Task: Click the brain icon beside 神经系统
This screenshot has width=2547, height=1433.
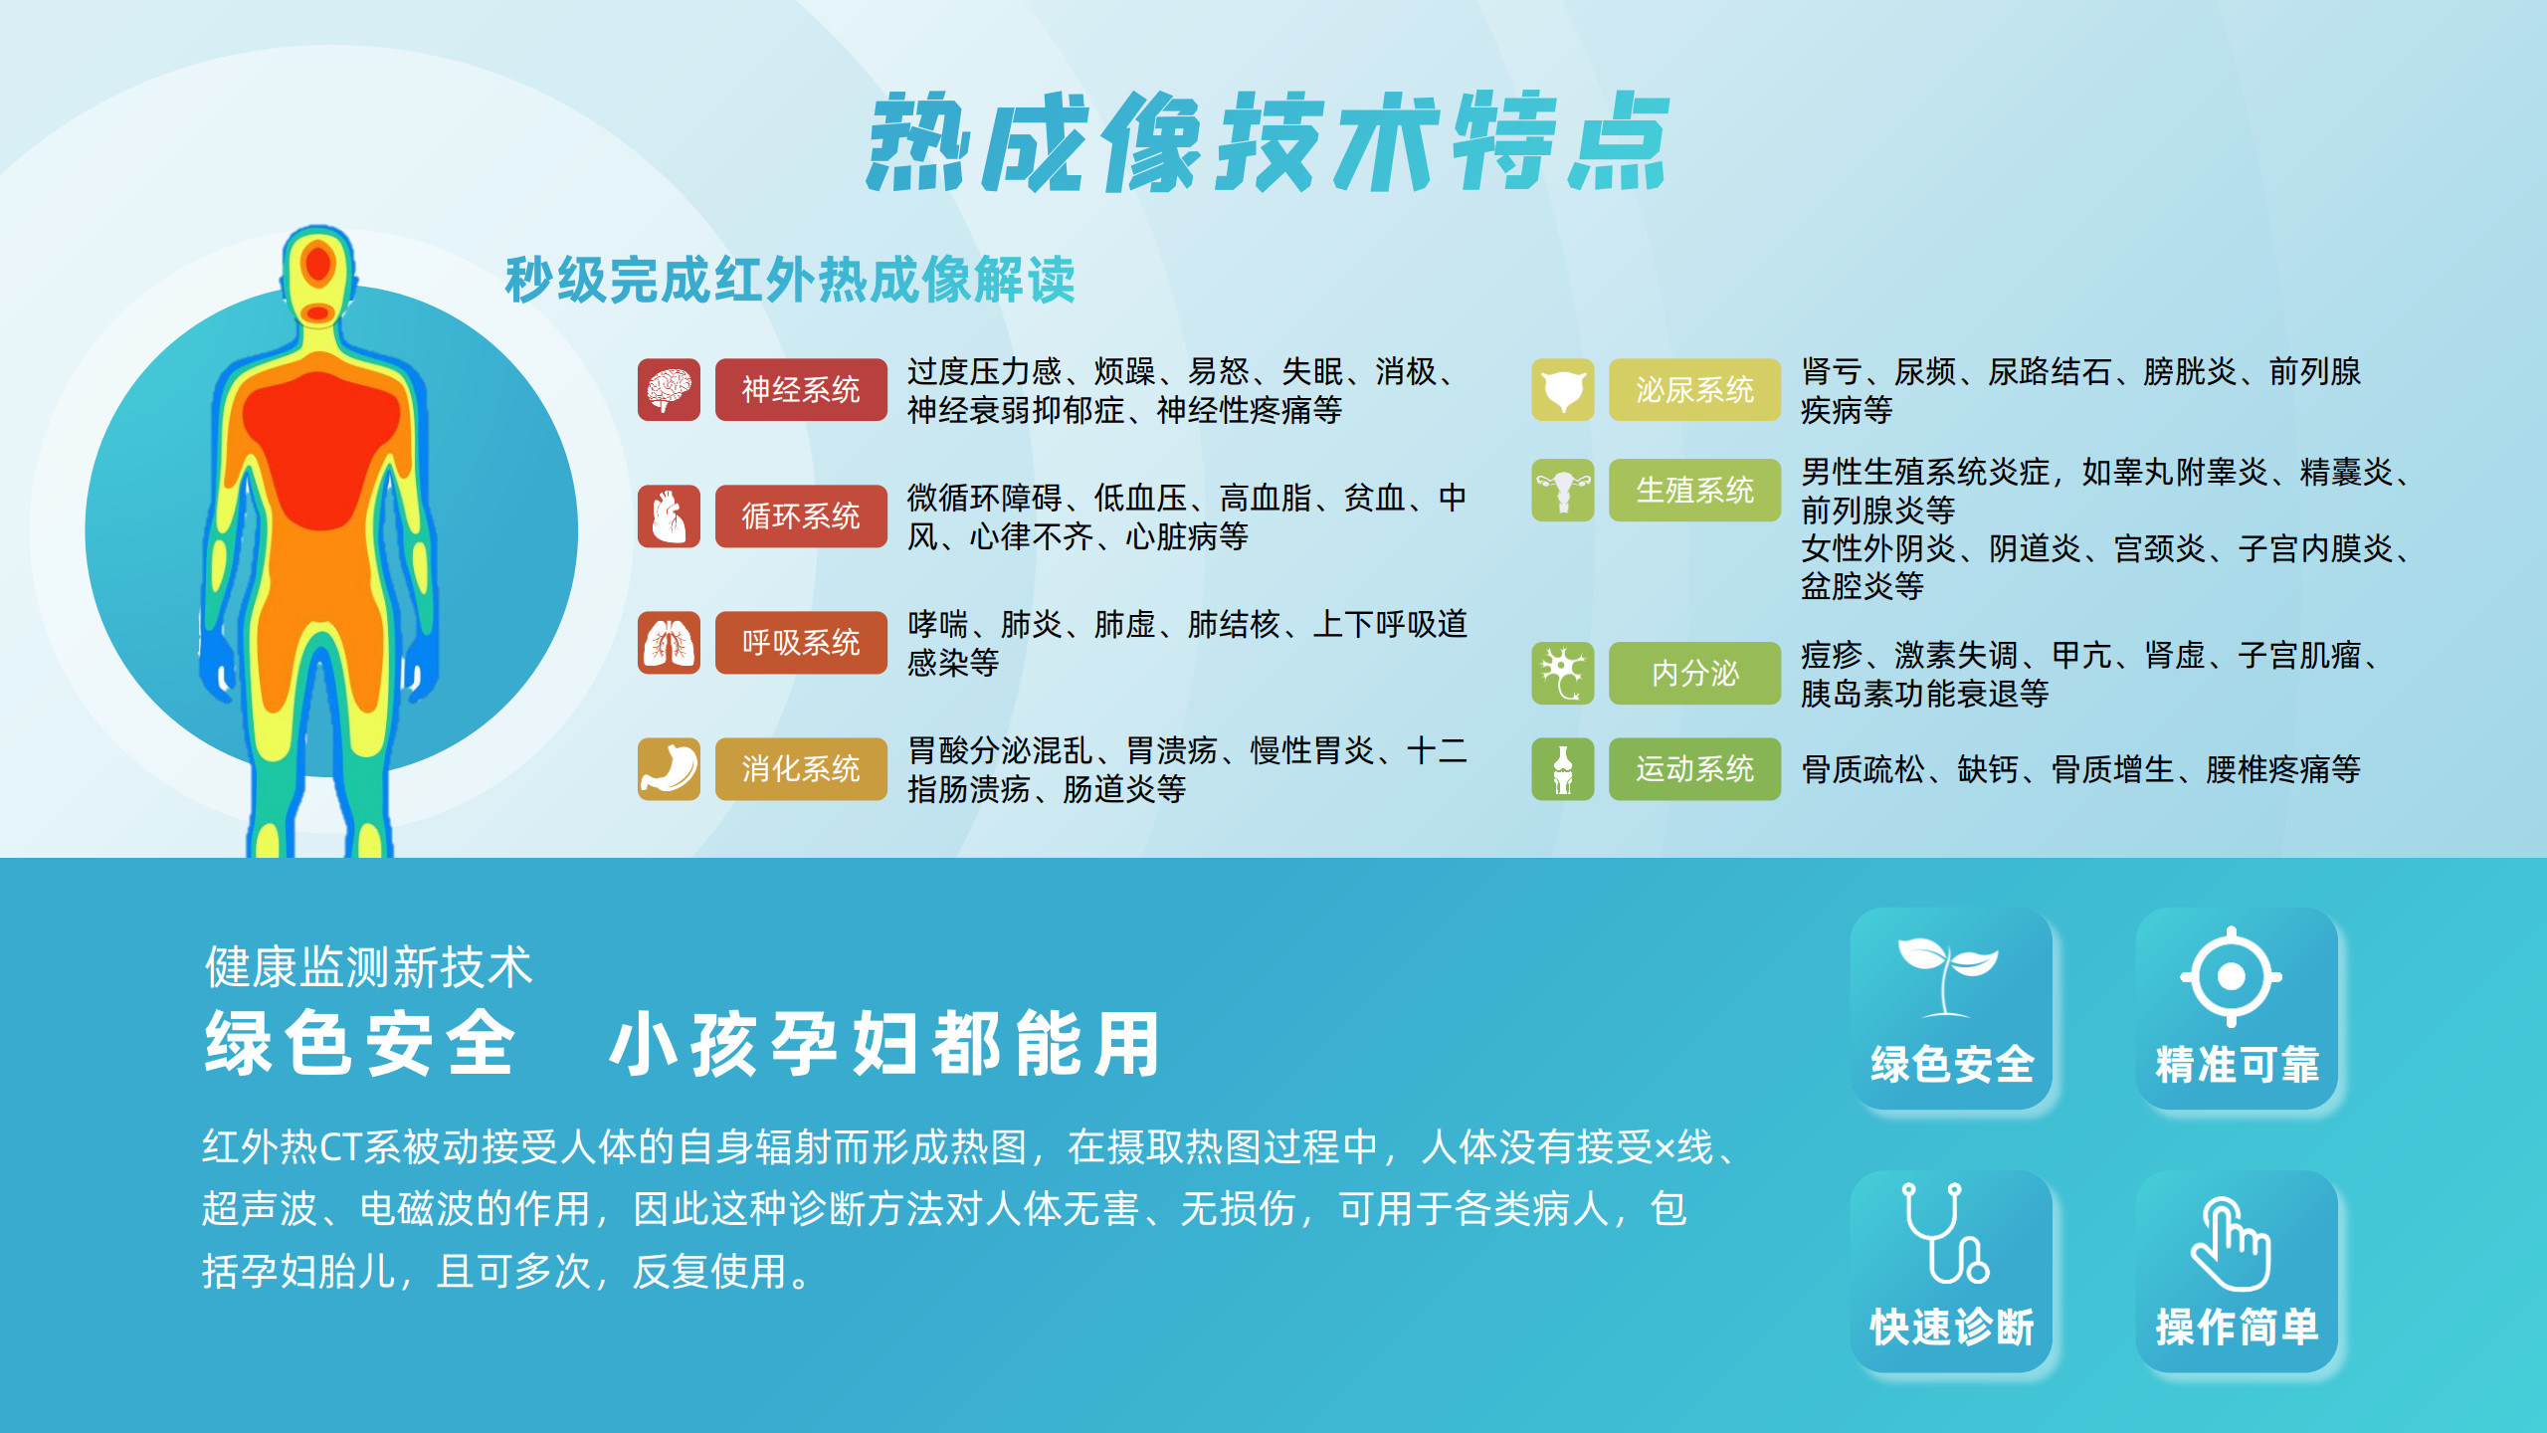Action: (669, 389)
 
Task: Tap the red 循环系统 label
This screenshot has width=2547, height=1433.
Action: (801, 515)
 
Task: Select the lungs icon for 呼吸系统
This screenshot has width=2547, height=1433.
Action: (669, 642)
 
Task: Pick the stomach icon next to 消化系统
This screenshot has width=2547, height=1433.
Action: (669, 768)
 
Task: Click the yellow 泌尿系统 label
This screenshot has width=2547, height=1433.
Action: (1694, 389)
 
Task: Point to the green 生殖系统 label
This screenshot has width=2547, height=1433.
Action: (1694, 490)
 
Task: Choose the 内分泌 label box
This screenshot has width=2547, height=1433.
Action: (1694, 673)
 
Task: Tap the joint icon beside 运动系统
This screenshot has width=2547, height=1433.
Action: (1563, 768)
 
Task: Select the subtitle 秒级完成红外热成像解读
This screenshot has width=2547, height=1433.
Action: (790, 279)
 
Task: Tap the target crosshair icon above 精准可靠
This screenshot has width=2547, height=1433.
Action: (2232, 976)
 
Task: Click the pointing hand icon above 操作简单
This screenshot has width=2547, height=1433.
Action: (2231, 1244)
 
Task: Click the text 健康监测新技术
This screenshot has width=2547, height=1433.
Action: (368, 967)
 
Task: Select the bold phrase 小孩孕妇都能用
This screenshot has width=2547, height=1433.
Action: (885, 1044)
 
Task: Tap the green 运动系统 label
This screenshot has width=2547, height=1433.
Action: (1694, 768)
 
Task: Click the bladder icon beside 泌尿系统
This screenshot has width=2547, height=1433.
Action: (1563, 389)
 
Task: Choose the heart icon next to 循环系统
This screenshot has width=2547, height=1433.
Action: (669, 515)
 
